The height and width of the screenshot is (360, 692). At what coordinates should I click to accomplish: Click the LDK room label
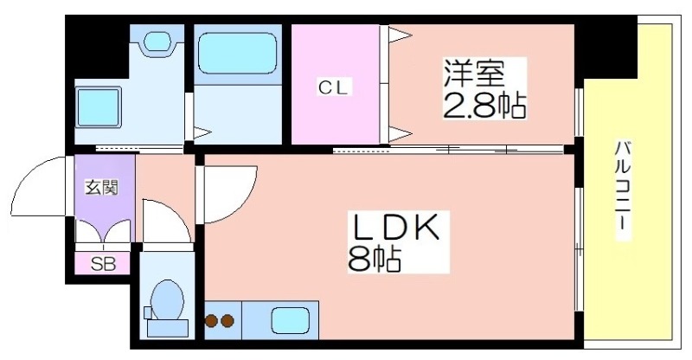click(x=395, y=228)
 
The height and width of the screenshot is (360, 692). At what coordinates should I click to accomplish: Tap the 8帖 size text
click(x=375, y=259)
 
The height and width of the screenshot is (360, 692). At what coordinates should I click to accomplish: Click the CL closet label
click(x=334, y=88)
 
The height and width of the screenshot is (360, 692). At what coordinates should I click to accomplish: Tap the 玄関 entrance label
click(x=102, y=188)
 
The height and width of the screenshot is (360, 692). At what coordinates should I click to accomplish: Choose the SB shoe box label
click(x=103, y=264)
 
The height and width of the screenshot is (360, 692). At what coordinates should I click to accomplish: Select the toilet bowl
click(x=167, y=299)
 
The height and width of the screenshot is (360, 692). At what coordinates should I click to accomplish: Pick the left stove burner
click(x=212, y=320)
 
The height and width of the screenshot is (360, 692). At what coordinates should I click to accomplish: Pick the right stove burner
click(x=227, y=320)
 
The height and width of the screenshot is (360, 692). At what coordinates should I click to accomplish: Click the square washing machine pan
click(x=98, y=107)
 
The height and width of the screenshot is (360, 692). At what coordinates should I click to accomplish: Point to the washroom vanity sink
click(x=157, y=41)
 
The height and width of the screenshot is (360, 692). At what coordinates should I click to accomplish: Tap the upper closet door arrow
click(x=400, y=35)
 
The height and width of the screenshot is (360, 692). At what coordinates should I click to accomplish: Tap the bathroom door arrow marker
click(x=202, y=132)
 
